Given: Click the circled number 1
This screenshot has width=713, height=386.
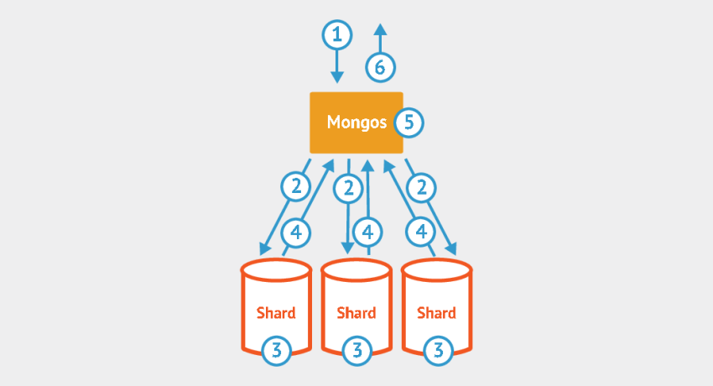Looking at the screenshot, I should [x=337, y=34].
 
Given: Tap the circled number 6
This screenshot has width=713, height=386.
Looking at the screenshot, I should [x=380, y=66].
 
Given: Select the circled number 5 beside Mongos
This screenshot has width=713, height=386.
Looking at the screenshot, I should [x=409, y=123].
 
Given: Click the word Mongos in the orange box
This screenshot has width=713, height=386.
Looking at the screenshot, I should [x=356, y=123].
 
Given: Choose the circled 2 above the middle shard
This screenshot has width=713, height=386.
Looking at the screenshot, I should [x=347, y=188].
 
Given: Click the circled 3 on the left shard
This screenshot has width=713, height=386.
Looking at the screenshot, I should [x=276, y=349].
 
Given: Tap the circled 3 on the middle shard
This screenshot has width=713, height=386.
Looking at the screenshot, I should [x=356, y=349].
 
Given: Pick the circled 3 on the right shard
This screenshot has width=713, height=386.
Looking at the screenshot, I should [x=436, y=349].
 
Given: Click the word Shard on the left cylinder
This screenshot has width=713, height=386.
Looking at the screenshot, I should [x=276, y=313].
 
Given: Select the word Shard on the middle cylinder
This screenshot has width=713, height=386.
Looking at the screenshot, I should [x=356, y=313].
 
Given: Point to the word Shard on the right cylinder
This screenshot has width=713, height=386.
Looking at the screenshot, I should [x=436, y=313].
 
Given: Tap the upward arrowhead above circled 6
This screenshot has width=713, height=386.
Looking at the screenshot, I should [x=380, y=29].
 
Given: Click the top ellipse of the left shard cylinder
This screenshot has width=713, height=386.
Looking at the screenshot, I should [x=276, y=270].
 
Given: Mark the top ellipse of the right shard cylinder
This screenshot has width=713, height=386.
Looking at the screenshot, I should [x=436, y=270].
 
